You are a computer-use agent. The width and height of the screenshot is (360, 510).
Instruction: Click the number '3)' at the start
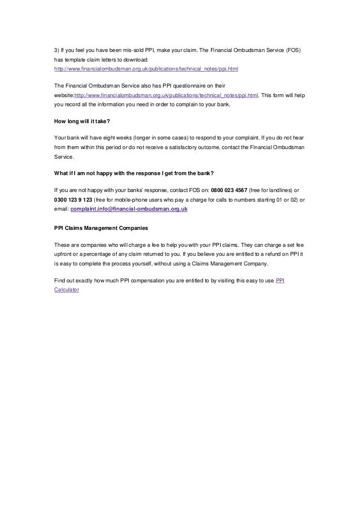pyautogui.click(x=56, y=49)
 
